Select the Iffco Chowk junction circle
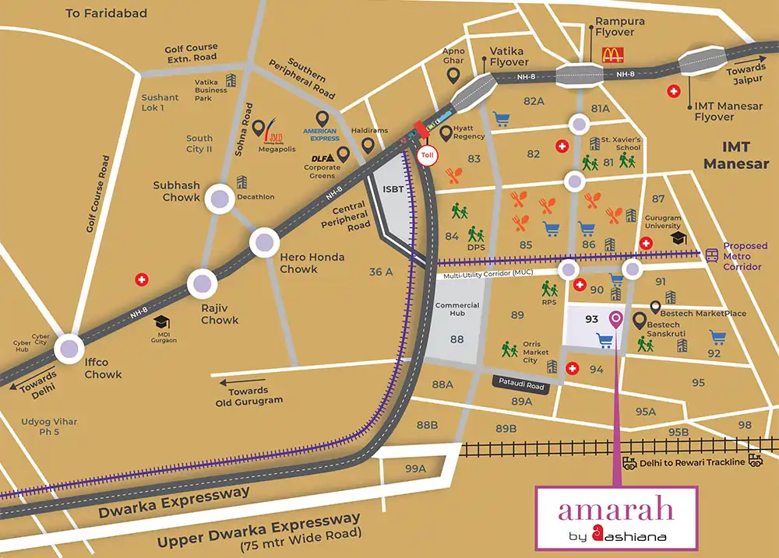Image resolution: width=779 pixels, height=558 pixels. [x=71, y=349]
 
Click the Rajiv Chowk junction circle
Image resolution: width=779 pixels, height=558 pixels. [x=203, y=284]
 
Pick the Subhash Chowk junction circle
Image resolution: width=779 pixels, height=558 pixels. [x=219, y=200]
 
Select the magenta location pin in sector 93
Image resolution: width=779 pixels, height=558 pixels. [x=616, y=319]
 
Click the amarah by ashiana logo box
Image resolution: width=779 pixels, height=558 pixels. [x=615, y=518]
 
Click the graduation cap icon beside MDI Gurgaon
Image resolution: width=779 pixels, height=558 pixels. [x=162, y=321]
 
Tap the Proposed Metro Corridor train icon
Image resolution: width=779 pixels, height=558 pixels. [x=710, y=254]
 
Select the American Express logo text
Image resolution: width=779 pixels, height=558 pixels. [x=321, y=135]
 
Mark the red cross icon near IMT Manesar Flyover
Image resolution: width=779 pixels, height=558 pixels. [x=673, y=92]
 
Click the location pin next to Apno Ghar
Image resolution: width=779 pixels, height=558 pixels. [x=453, y=75]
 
